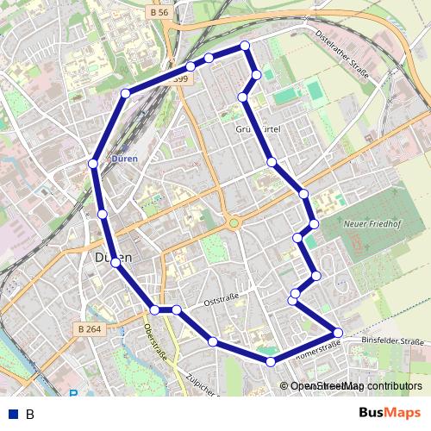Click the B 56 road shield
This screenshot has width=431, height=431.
(158, 13)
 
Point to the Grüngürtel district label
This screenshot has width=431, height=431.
(258, 129)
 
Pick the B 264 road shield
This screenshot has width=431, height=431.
(90, 328)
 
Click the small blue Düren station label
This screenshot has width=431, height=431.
(124, 159)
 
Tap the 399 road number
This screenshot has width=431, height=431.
(180, 79)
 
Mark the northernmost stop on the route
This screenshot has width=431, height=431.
(245, 45)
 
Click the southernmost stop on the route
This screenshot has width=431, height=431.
(271, 362)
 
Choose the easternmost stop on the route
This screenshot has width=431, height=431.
(338, 332)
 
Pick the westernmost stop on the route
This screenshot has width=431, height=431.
(92, 163)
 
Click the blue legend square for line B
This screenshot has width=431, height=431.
(12, 414)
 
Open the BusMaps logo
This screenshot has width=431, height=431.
(390, 413)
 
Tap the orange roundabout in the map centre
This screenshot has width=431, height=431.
(233, 224)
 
